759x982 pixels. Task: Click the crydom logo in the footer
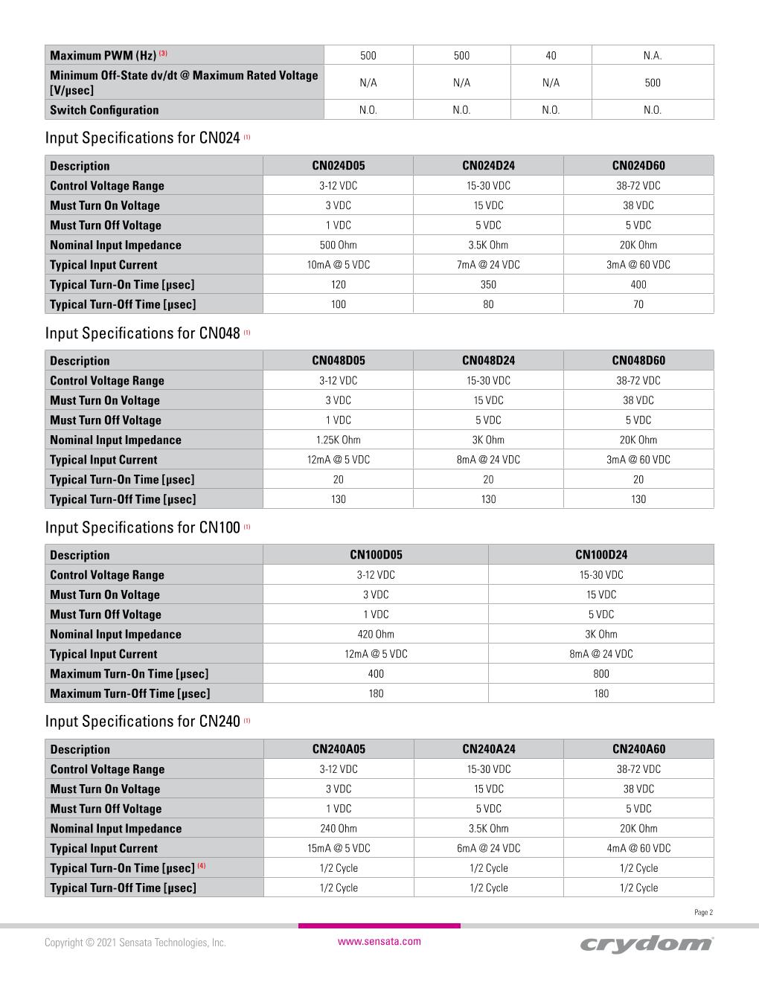point(646,943)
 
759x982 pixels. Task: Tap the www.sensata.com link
point(379,941)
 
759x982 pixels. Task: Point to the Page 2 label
point(703,912)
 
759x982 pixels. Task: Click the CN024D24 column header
point(488,165)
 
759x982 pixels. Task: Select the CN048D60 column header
point(638,360)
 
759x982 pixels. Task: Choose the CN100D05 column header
point(376,554)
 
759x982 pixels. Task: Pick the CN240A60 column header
point(638,749)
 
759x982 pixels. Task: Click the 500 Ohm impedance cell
point(338,245)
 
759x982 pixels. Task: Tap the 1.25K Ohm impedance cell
point(338,440)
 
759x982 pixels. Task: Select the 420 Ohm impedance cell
point(376,634)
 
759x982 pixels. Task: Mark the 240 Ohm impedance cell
point(338,828)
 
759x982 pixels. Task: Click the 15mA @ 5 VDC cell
point(339,848)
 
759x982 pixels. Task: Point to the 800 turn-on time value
point(601,673)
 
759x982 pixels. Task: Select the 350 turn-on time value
point(488,284)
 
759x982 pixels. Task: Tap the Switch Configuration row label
point(104,110)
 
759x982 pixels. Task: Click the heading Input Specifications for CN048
point(142,333)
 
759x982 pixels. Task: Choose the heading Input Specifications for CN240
point(142,721)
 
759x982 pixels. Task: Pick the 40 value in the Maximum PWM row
point(551,55)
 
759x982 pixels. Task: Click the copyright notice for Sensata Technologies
point(135,943)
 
